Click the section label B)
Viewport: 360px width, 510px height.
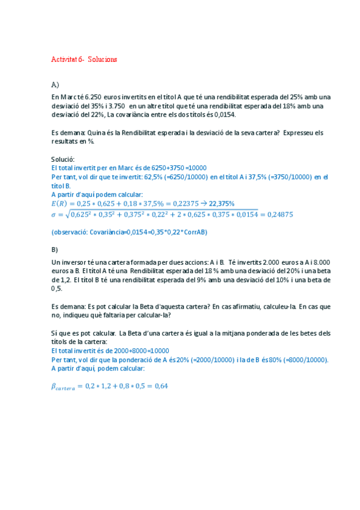pos(55,249)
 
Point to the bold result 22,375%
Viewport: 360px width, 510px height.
pos(221,203)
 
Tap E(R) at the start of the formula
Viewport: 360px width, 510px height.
pos(61,203)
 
